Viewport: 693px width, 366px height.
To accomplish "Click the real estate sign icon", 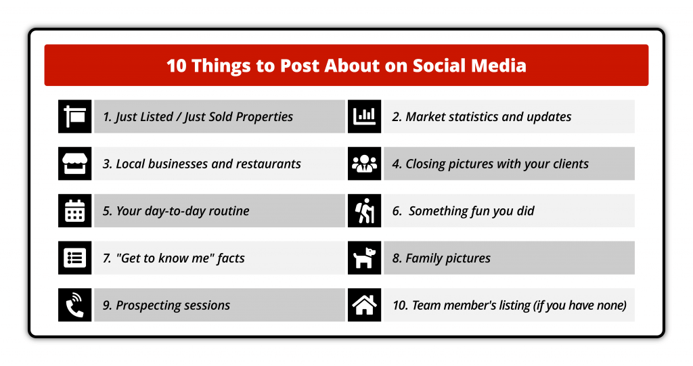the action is point(74,116).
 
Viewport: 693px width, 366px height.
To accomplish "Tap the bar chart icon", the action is point(364,116).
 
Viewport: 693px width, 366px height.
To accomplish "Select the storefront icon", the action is point(74,164).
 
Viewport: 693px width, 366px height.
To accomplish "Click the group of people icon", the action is point(364,164).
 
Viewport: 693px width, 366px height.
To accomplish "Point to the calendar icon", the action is point(74,210).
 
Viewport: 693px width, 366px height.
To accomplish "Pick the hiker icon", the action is point(364,210).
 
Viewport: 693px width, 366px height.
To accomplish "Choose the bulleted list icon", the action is point(74,258).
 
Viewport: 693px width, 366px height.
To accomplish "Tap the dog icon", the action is point(364,258).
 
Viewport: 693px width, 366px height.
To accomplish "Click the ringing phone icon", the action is point(74,305).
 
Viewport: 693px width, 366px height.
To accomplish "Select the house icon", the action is point(364,305).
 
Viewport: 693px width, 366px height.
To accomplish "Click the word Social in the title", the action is point(439,66).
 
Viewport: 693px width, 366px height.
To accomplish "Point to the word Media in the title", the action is point(499,66).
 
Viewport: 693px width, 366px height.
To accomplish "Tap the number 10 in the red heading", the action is point(177,66).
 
